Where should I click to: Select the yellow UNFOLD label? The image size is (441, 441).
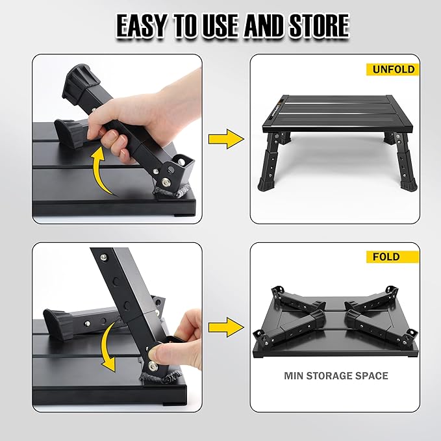tap(392, 69)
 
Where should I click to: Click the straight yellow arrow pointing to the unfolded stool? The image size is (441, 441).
tap(225, 138)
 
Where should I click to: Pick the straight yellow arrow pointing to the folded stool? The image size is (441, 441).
tap(225, 327)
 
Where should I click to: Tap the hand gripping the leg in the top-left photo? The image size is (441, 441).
tap(123, 123)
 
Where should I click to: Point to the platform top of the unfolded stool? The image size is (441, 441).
tap(331, 110)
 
